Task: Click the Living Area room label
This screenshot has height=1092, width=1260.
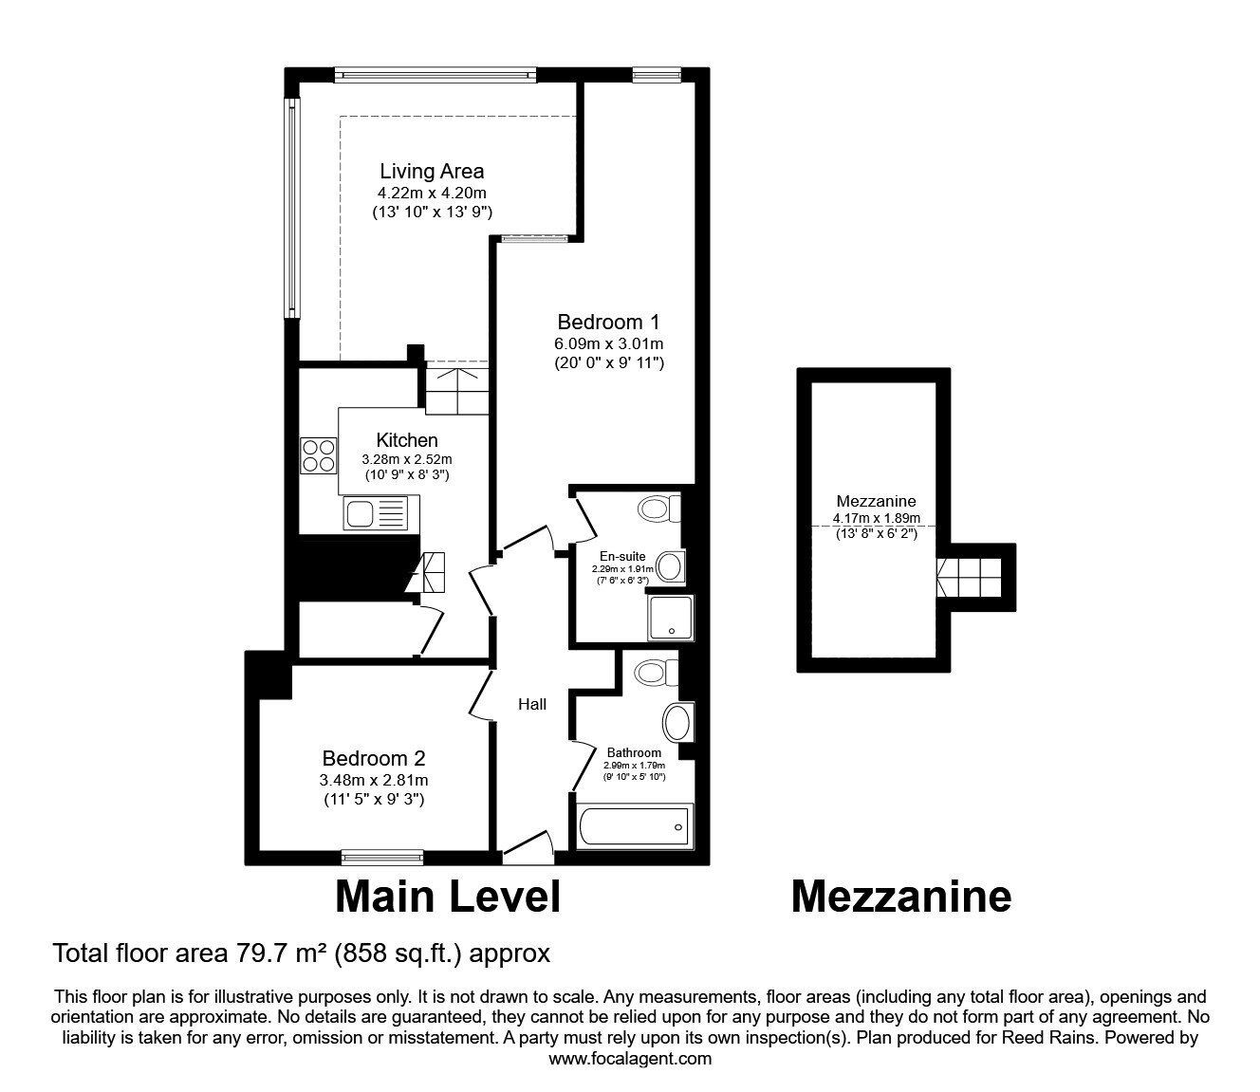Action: click(432, 172)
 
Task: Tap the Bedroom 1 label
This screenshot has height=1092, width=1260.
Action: click(608, 322)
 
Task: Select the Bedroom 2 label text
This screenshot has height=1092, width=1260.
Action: click(374, 758)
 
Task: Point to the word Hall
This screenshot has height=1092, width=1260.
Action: click(532, 705)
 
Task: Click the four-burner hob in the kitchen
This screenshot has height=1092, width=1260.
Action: click(318, 455)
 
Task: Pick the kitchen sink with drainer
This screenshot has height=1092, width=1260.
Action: click(381, 513)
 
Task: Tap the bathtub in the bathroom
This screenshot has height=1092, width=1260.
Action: click(635, 826)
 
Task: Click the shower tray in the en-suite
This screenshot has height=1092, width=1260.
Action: click(671, 619)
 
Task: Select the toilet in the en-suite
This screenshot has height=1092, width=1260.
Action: click(660, 509)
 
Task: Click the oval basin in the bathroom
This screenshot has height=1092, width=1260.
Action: click(677, 723)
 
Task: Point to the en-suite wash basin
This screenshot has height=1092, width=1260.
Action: click(672, 566)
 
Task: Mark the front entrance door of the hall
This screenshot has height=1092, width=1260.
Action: click(528, 848)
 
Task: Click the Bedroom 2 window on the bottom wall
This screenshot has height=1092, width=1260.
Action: click(382, 859)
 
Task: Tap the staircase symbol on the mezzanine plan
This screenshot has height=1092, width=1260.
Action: click(970, 578)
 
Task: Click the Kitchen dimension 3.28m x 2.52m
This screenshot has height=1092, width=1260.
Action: click(407, 460)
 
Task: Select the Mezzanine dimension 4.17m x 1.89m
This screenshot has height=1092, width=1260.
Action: click(877, 519)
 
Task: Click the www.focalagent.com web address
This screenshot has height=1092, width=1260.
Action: click(630, 1059)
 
